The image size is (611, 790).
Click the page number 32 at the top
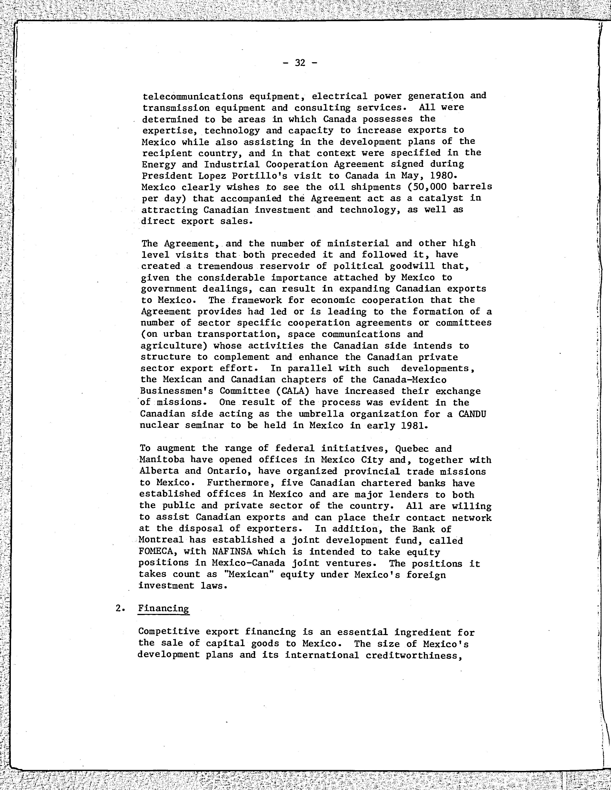(x=300, y=63)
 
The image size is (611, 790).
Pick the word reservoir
(x=290, y=266)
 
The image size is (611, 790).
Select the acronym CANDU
(x=472, y=414)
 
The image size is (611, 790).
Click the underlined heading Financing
(x=163, y=609)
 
